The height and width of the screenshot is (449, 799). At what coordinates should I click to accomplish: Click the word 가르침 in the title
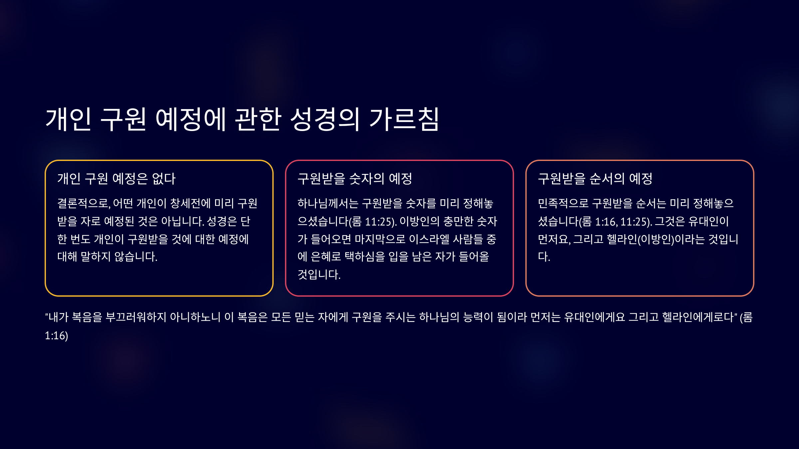click(x=404, y=119)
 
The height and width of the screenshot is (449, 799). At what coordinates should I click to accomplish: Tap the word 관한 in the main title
click(x=258, y=119)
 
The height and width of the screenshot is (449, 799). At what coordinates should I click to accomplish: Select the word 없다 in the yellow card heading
click(x=164, y=179)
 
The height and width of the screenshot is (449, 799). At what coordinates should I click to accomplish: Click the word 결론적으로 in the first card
click(x=84, y=203)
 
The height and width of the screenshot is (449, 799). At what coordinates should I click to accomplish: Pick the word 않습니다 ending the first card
click(x=136, y=256)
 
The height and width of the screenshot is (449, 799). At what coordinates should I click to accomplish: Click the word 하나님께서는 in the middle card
click(x=328, y=203)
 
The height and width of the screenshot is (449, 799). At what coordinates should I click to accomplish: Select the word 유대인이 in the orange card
click(x=708, y=221)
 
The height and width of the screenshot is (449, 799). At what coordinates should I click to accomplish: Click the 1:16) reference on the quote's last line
click(x=57, y=336)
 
